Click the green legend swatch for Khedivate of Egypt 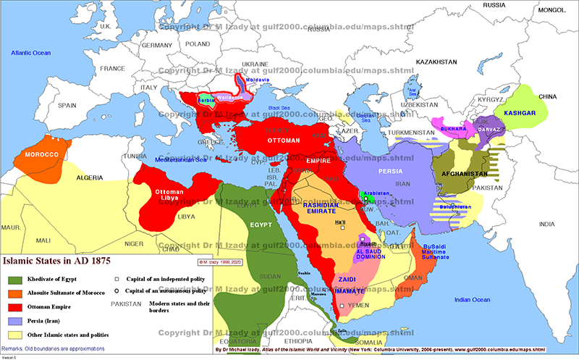click(14, 279)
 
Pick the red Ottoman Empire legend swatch click(14, 306)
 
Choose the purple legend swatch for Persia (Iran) click(14, 321)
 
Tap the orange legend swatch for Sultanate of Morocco click(14, 293)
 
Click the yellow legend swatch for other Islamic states click(14, 335)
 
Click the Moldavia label click(258, 80)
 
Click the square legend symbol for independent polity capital click(117, 278)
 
